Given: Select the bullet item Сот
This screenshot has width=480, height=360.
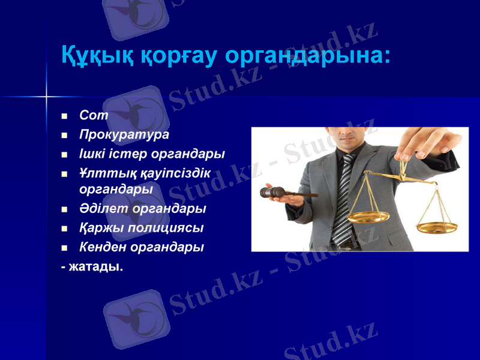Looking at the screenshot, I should [93, 116].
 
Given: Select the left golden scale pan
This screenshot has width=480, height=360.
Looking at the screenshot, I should [368, 216].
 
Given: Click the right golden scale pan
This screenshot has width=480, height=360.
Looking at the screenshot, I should [437, 226].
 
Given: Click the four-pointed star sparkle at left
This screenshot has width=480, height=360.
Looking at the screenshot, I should [46, 96].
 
